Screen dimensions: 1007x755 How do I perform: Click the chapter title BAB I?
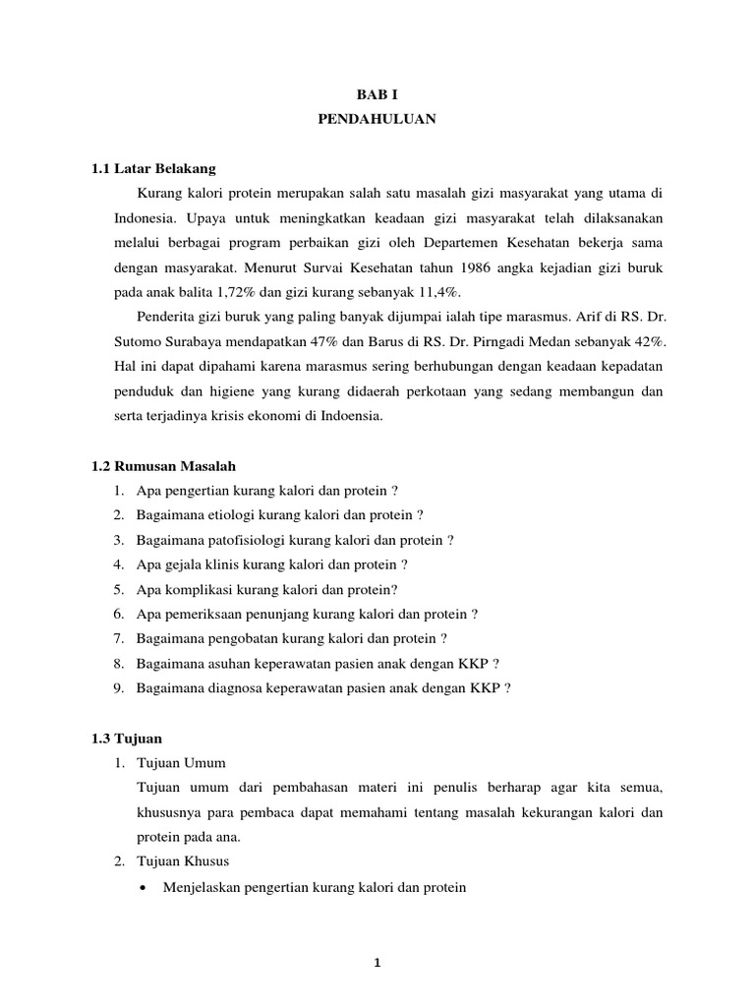[x=377, y=93]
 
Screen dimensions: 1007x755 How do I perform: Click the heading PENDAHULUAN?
[x=377, y=119]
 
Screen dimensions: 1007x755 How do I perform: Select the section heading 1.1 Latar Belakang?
[x=152, y=168]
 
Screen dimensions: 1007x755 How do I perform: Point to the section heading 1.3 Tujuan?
[x=127, y=738]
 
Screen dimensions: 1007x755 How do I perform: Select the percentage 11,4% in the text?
[x=437, y=291]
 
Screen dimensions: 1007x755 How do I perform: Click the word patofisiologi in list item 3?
[x=243, y=540]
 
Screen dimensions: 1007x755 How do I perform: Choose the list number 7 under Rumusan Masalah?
[x=116, y=638]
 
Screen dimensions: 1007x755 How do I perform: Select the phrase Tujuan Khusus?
[x=183, y=861]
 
